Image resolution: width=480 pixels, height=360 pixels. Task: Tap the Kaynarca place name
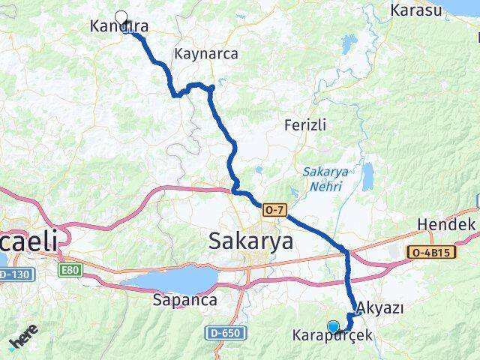206,54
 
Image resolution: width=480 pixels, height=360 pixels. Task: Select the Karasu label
416,10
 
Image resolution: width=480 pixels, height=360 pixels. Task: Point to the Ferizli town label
305,125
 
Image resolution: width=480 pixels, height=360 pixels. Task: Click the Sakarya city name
250,241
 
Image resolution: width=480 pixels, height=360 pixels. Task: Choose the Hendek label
446,224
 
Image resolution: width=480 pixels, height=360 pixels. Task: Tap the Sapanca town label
184,300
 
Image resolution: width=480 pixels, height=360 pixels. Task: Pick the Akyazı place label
381,308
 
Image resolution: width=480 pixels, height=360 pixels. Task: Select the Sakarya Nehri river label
325,178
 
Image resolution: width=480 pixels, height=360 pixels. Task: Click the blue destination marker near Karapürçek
333,326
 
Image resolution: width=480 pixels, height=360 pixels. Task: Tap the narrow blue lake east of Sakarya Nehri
367,177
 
